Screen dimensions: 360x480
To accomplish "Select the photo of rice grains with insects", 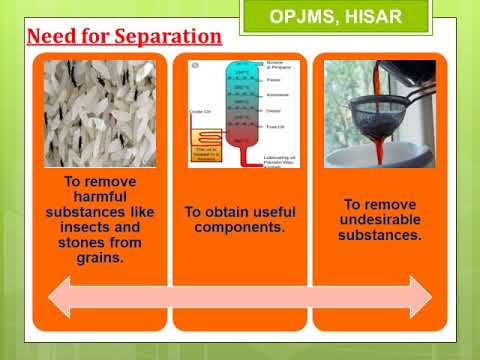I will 99,112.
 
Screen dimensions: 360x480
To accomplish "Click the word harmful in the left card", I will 99,198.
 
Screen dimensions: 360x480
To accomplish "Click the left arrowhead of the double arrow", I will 62,297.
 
